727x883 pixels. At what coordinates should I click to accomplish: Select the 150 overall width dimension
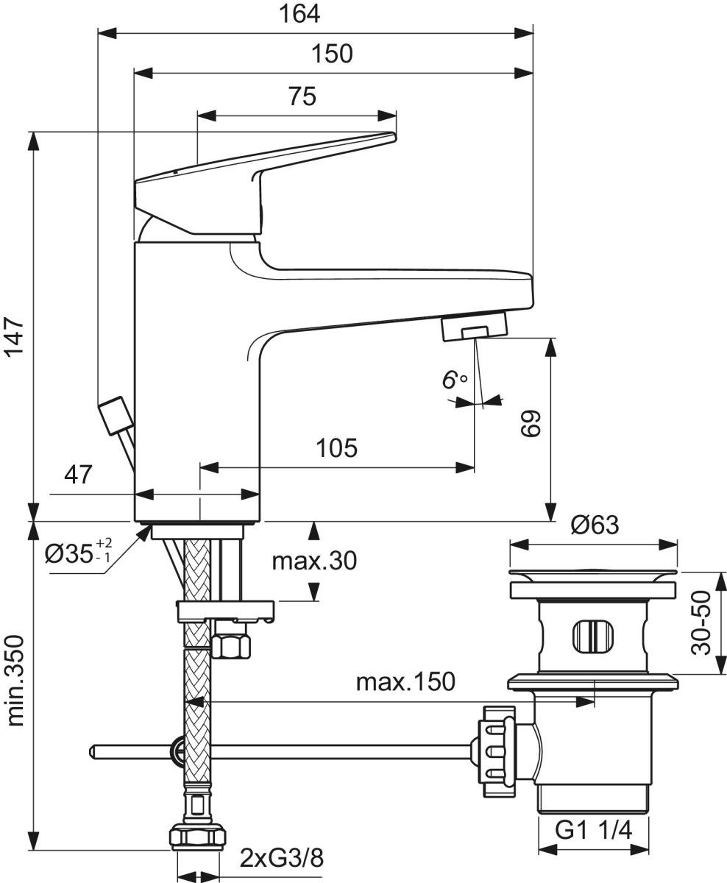click(332, 54)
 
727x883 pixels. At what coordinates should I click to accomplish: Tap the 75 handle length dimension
click(297, 96)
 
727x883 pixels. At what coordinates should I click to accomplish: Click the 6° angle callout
click(454, 380)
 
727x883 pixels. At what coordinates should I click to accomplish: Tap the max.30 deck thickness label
click(313, 561)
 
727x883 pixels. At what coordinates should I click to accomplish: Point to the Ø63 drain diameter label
click(594, 525)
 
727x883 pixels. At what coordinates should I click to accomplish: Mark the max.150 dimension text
click(405, 681)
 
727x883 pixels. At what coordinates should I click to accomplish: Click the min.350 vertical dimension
click(16, 681)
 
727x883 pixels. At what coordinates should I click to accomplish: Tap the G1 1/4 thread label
click(594, 831)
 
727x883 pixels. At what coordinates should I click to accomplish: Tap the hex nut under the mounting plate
click(231, 646)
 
